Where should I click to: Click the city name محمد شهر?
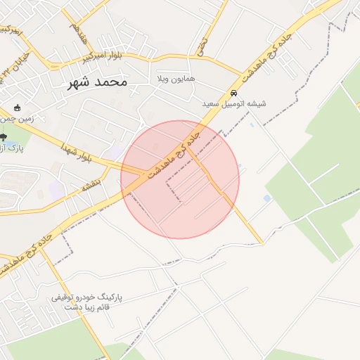(97, 82)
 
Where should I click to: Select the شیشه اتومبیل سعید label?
(234, 103)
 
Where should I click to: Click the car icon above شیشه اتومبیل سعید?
(234, 93)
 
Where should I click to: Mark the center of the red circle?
(180, 179)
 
